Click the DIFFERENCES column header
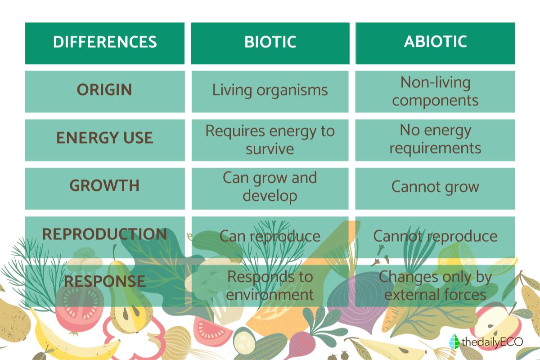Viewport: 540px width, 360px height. pos(105,42)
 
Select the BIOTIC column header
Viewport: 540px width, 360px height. pos(270,42)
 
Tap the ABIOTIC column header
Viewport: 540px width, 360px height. pos(435,42)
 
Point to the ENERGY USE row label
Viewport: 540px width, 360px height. pos(104,138)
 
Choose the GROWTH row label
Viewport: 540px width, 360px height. pos(104,186)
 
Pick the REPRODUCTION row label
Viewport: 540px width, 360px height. pos(104,234)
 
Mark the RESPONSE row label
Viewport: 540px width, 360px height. pos(104,282)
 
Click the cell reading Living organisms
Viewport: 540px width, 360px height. pos(270,90)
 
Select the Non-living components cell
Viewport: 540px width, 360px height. pos(435,91)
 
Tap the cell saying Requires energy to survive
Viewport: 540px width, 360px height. pos(270,139)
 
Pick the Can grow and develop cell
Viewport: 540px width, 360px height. pos(270,186)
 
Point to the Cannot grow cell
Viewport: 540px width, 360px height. pos(435,186)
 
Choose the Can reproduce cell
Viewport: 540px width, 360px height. pos(270,236)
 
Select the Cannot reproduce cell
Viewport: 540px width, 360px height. pos(435,236)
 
